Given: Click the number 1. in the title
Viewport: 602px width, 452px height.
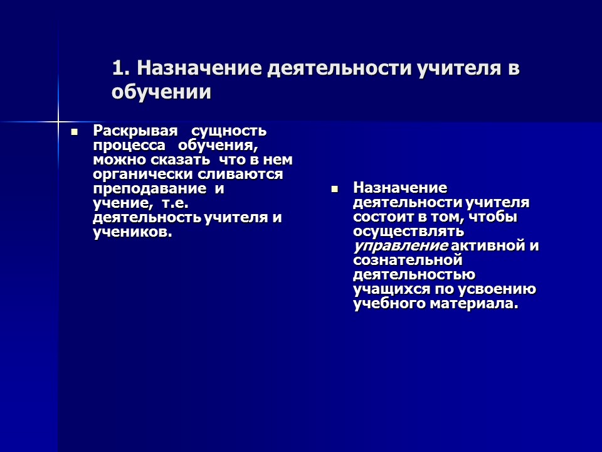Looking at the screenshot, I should tap(122, 68).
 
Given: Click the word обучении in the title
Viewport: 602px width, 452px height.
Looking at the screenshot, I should tap(162, 92).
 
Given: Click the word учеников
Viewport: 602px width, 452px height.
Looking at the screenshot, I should tap(132, 232).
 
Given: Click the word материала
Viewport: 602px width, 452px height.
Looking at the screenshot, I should tap(482, 304).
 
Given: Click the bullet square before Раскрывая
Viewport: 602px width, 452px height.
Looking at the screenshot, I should tap(75, 132).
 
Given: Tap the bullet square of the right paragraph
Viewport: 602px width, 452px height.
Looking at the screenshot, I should tap(335, 188).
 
